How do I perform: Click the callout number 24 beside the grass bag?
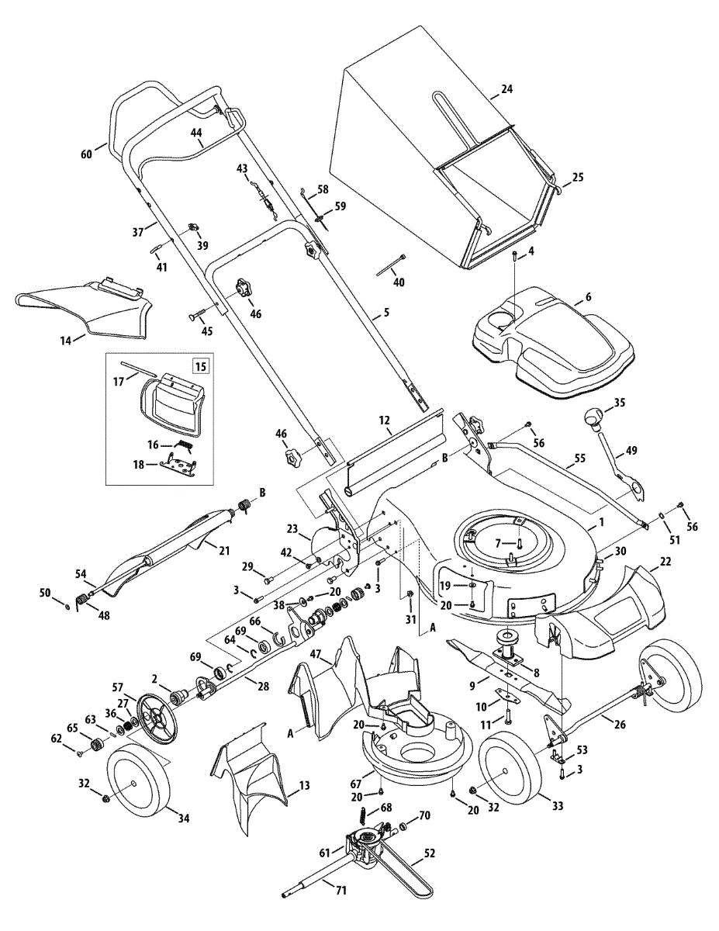507,89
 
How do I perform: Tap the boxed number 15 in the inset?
200,367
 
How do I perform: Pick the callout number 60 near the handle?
87,154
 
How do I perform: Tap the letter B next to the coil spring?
262,493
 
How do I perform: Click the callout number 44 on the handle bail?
196,133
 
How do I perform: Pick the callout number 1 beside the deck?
601,521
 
